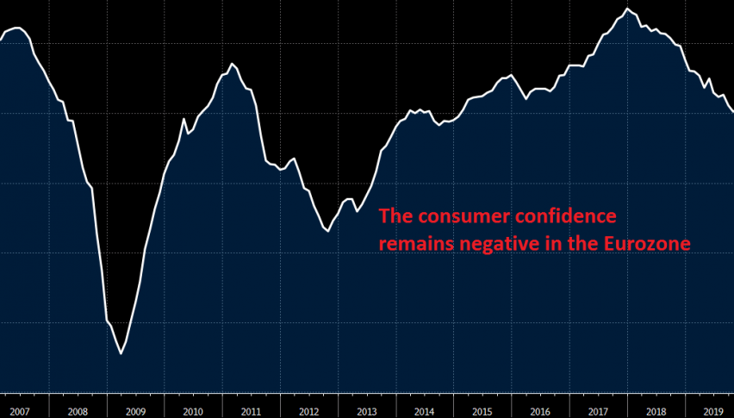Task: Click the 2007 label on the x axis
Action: (x=19, y=412)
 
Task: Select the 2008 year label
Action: (x=77, y=412)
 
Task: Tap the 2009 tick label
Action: (x=135, y=412)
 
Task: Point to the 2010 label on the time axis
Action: (x=193, y=412)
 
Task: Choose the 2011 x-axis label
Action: (x=251, y=412)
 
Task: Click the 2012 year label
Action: (x=308, y=412)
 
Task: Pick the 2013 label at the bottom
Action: (x=366, y=412)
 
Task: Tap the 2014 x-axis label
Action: (x=424, y=412)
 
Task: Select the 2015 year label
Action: (x=482, y=412)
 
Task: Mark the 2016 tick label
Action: (x=539, y=412)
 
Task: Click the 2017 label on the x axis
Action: (x=597, y=412)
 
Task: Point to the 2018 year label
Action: (x=655, y=412)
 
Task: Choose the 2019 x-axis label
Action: (x=712, y=412)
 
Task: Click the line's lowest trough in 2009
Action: (x=121, y=353)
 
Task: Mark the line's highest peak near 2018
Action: (x=627, y=9)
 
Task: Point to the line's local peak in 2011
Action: (x=232, y=64)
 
